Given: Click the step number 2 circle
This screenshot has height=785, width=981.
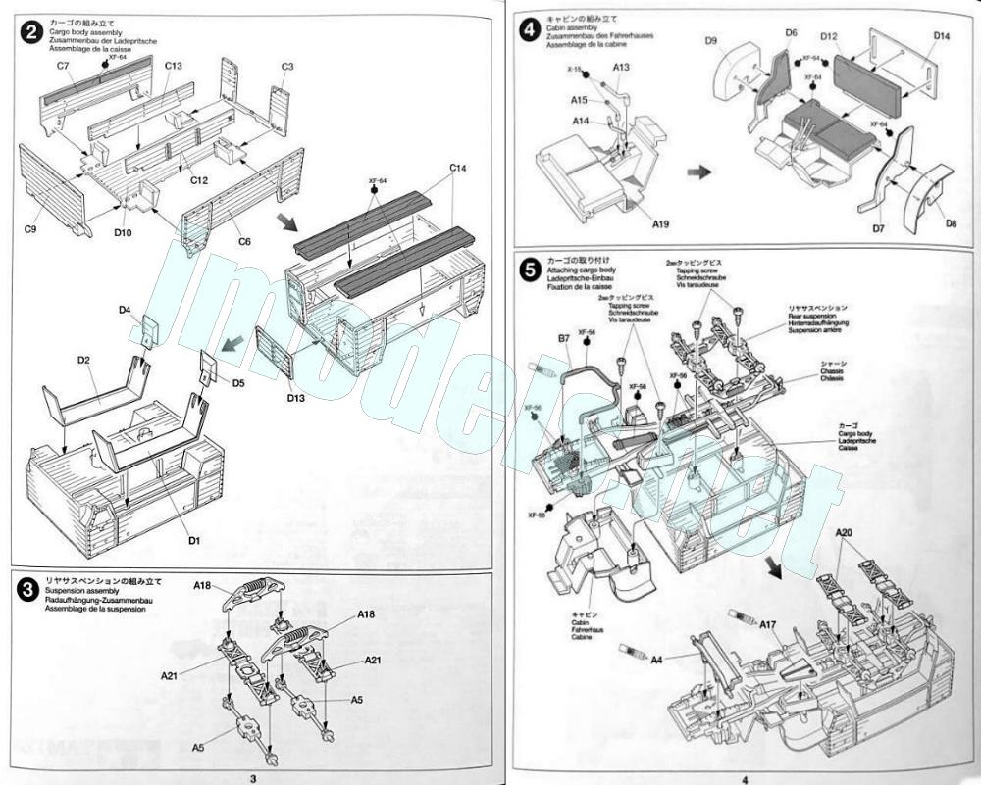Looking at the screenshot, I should pos(32,30).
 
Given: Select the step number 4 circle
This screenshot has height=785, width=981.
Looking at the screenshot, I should pos(530,30).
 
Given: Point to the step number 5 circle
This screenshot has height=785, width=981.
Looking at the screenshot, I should pos(530,267).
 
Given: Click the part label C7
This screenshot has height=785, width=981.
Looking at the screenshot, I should pos(63,65).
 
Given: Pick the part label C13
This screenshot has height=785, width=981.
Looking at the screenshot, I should pos(174,66).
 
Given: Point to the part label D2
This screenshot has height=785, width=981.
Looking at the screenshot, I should pos(84,361).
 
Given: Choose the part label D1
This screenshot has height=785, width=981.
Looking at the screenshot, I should pos(194,540).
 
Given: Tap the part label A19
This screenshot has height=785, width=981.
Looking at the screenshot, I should pos(661,224).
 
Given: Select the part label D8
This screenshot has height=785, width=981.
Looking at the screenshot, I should pos(951,223).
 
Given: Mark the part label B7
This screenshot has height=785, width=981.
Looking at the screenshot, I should pos(564,339).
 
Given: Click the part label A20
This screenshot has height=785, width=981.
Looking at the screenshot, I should pos(846,533).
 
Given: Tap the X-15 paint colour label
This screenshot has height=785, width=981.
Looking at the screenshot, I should pos(574,70).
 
